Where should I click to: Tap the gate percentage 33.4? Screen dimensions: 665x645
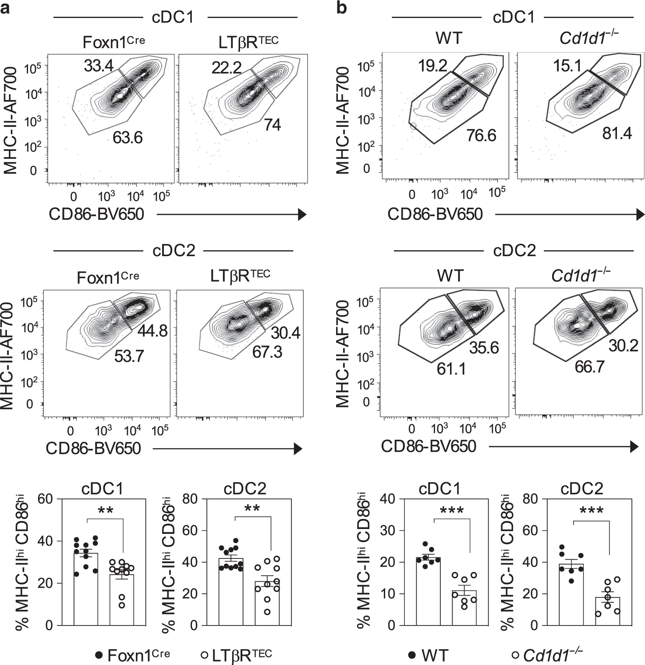(99, 66)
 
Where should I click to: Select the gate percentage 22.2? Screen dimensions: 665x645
(226, 68)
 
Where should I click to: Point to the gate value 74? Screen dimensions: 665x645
(272, 125)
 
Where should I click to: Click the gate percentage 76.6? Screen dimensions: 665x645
(481, 135)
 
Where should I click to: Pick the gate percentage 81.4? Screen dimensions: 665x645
(617, 133)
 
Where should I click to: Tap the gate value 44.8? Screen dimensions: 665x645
(152, 331)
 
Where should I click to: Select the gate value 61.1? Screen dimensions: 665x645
(451, 369)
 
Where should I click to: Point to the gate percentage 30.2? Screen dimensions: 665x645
(623, 346)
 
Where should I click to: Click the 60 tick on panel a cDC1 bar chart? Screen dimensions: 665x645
(50, 499)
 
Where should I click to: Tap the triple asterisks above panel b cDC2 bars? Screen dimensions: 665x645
(591, 511)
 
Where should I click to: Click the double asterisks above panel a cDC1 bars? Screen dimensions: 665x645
(106, 510)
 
